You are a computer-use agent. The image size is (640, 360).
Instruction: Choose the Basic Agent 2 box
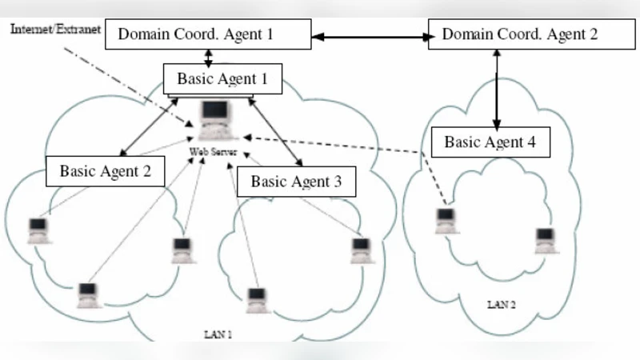(105, 170)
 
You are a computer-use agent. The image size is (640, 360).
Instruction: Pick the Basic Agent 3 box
(296, 181)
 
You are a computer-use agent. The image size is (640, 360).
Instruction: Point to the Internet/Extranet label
(54, 29)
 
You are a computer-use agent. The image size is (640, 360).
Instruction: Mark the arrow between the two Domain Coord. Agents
(370, 36)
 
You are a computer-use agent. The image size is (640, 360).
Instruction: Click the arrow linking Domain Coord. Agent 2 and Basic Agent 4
(497, 88)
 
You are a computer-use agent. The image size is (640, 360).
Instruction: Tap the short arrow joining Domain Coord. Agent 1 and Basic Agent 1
(209, 58)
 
